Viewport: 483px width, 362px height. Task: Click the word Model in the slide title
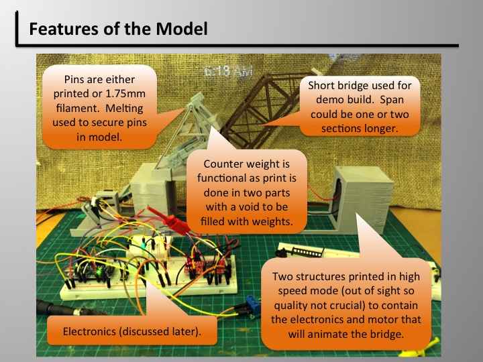[181, 29]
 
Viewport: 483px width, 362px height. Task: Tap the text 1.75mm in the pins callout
[125, 94]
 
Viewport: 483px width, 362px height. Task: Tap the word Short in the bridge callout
[321, 85]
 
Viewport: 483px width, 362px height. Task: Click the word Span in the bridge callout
[392, 101]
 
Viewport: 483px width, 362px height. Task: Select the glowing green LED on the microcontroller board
[99, 272]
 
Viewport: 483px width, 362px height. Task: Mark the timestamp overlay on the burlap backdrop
[229, 72]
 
